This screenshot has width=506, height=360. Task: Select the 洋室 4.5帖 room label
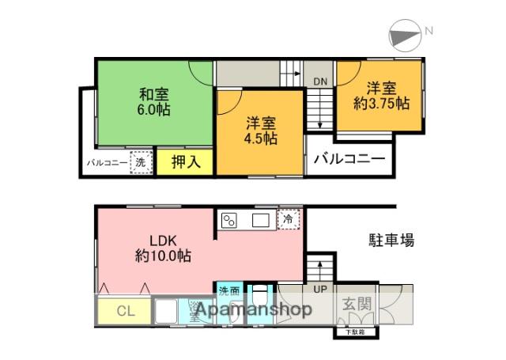[x=260, y=130]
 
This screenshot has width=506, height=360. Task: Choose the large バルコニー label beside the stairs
[x=349, y=159]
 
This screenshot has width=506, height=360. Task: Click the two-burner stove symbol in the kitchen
[x=230, y=220]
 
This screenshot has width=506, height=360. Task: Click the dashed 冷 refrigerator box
[x=289, y=218]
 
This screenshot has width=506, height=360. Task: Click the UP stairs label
[x=319, y=290]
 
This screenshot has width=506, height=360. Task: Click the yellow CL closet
[x=124, y=311]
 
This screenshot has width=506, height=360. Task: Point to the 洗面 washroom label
[x=230, y=290]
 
